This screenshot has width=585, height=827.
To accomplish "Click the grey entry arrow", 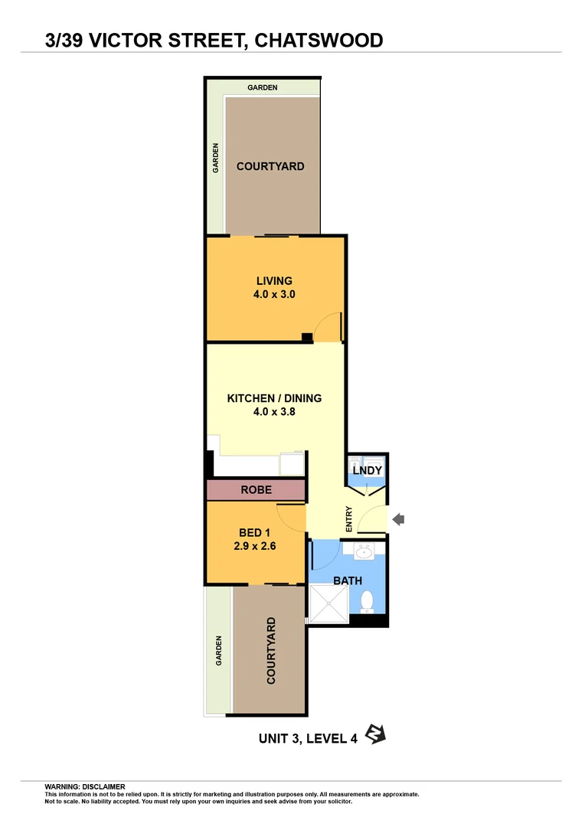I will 398,520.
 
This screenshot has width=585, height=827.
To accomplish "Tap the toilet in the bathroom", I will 367,601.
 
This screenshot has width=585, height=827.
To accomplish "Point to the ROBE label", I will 256,489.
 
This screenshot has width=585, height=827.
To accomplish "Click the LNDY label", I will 367,470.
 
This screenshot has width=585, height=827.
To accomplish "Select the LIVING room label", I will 274,281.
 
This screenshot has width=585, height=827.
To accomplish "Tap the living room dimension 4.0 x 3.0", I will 274,294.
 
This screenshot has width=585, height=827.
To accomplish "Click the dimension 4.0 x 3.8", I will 274,411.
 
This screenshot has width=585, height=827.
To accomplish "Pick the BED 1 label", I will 255,533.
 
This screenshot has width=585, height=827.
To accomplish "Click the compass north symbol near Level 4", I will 375,734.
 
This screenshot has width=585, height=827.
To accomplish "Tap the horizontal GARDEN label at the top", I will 262,87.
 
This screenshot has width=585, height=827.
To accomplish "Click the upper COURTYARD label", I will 270,166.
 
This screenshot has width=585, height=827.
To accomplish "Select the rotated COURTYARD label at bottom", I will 270,651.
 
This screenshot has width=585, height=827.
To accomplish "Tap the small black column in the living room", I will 306,336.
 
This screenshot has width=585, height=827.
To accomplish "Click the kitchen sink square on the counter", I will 292,463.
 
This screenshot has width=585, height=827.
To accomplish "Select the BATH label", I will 347,580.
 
